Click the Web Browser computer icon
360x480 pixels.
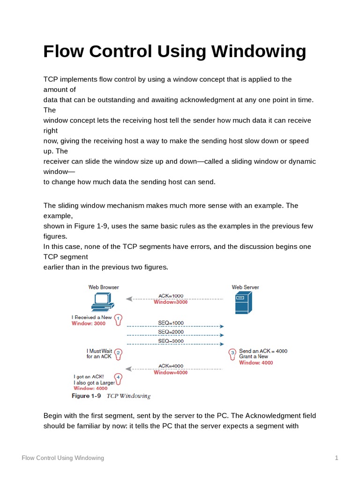[x=100, y=302]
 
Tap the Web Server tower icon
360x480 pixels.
[x=243, y=303]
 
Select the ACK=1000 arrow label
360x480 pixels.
[x=171, y=296]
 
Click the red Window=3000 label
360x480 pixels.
[x=171, y=302]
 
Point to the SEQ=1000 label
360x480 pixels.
[x=171, y=323]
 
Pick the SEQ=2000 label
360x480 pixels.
[x=171, y=332]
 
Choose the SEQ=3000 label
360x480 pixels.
[x=171, y=341]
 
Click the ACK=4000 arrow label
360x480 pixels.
[x=171, y=366]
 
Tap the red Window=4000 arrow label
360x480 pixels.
[x=171, y=373]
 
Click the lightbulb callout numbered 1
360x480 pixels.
[x=119, y=320]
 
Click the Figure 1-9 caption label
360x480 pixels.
[x=86, y=396]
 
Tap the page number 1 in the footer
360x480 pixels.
[x=337, y=458]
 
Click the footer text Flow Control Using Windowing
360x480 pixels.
[x=63, y=458]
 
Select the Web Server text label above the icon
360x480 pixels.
[x=245, y=287]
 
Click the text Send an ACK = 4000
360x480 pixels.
[x=263, y=351]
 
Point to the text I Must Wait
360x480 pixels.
[x=99, y=351]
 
